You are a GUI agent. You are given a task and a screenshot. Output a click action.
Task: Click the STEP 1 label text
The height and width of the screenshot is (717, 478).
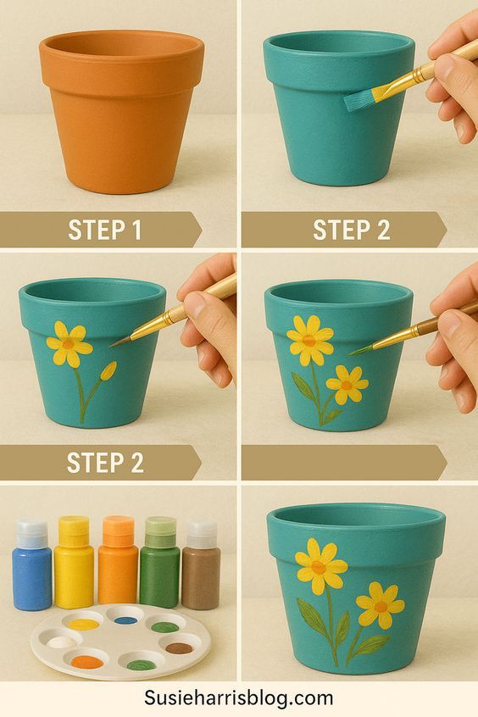point(105,230)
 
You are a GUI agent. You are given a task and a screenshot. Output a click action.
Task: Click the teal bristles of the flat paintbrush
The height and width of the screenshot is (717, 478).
point(358,101)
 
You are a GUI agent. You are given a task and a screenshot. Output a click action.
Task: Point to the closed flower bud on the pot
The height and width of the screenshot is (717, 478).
point(108,371)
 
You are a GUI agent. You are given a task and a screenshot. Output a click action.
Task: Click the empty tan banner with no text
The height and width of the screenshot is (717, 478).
point(344,463)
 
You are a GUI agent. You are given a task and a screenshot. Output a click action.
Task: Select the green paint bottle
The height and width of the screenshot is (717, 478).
point(160,563)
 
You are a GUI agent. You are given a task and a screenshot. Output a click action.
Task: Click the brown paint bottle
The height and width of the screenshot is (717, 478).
point(201,564)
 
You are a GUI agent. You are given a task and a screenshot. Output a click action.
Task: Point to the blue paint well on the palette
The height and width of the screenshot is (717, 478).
point(125,620)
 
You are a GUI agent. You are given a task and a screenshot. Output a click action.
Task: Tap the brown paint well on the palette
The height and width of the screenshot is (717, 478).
point(179,648)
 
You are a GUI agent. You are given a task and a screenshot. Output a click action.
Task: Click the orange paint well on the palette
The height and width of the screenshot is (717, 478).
point(87,662)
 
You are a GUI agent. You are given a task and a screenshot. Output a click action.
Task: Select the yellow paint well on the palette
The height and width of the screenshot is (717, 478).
point(84,624)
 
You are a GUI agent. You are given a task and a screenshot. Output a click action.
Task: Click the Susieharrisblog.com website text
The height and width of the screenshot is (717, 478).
point(238,698)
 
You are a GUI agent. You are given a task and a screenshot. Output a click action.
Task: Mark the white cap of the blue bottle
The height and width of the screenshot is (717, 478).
point(32,534)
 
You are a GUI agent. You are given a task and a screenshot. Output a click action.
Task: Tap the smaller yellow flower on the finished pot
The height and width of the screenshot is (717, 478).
point(381,605)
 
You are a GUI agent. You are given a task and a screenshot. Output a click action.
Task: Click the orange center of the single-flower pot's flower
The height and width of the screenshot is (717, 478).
point(68,344)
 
